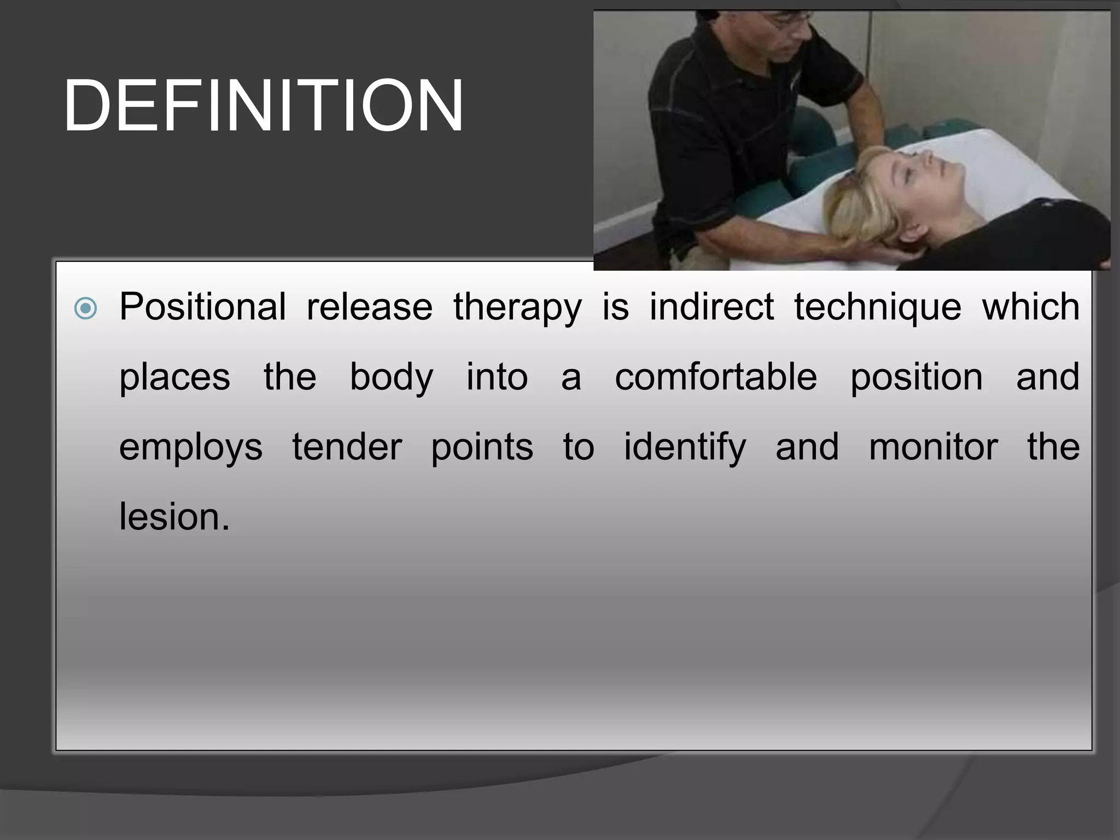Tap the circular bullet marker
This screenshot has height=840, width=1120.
(x=85, y=308)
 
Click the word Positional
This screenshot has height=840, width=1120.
(x=202, y=307)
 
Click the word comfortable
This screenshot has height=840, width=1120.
(x=715, y=377)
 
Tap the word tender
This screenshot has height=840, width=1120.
(x=347, y=447)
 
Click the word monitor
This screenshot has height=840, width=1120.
(x=933, y=447)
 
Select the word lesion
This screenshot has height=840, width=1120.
(x=174, y=517)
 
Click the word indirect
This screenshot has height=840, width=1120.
(x=711, y=307)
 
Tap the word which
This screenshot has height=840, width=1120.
(x=1030, y=307)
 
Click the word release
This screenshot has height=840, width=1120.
(x=369, y=308)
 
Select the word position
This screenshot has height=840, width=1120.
(x=916, y=378)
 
